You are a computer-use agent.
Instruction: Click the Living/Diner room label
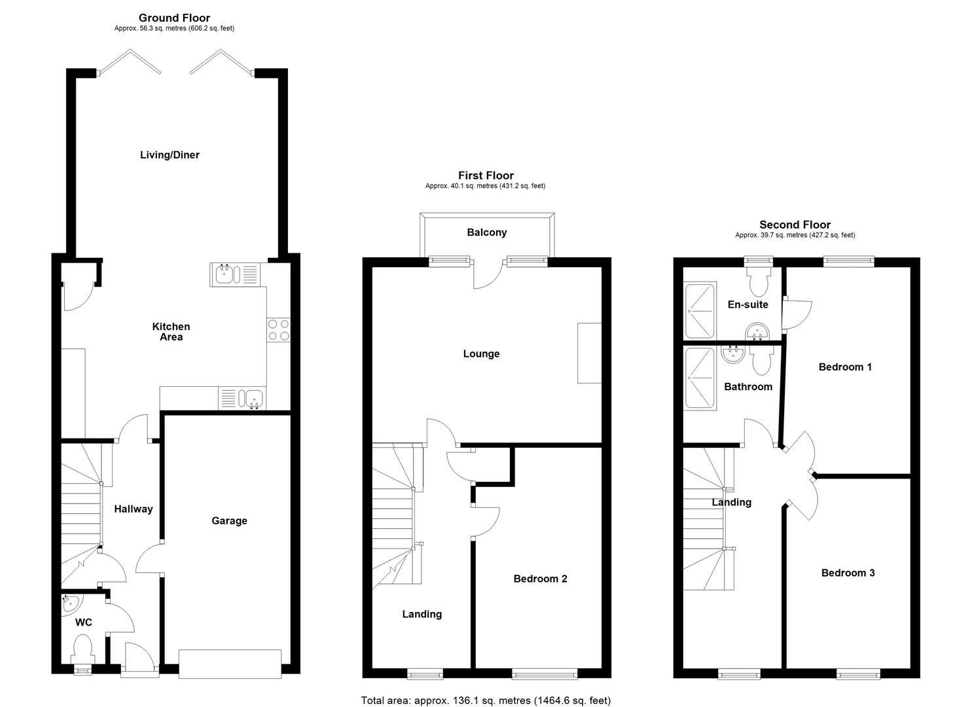click(170, 155)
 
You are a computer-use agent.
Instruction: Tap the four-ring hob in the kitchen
click(279, 329)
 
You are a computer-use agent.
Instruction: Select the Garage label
click(229, 521)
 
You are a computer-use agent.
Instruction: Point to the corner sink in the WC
click(69, 604)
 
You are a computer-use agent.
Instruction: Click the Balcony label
click(486, 232)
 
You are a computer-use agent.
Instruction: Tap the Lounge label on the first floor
click(481, 354)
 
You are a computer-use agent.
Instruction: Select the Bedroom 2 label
click(540, 579)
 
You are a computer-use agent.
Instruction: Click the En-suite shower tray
click(699, 310)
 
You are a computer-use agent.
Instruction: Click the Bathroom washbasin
click(732, 354)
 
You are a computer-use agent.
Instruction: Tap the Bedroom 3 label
click(848, 573)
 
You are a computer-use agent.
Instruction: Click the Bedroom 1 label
click(845, 367)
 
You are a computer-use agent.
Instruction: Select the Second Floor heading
click(795, 225)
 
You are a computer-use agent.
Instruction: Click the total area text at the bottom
click(486, 700)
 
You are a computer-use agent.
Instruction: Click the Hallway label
click(134, 509)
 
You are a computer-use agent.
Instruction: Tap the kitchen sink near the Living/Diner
click(234, 273)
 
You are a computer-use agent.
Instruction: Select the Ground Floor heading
click(174, 18)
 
